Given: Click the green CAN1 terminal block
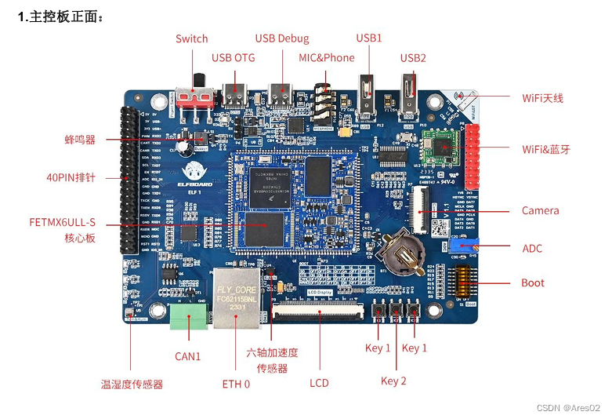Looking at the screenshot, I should pos(188,315).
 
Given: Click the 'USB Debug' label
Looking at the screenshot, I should pos(282,38).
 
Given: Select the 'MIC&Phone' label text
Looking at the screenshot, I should pos(327,57).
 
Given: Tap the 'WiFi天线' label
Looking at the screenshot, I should pos(543,98).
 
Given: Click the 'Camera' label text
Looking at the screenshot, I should pos(541,210).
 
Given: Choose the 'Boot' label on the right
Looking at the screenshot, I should pos(533,282).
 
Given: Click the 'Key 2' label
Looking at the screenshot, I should pos(393,381).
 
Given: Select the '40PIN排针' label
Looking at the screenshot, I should pos(71,177).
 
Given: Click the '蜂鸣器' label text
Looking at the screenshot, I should pos(80,140).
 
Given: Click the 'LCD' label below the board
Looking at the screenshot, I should pos(319,383).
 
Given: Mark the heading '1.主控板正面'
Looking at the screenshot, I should pos(60,17).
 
